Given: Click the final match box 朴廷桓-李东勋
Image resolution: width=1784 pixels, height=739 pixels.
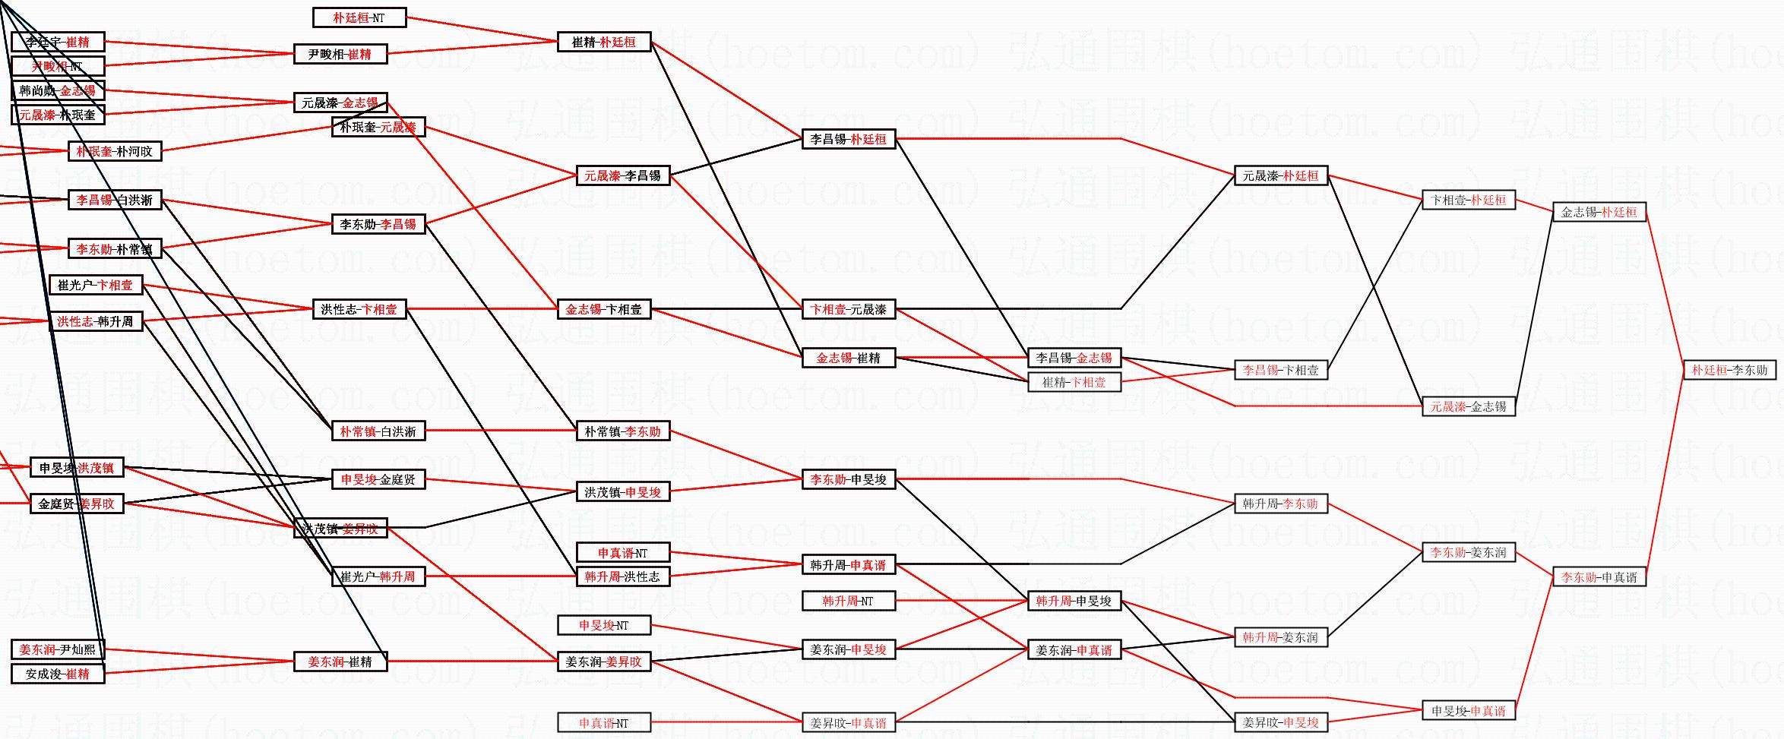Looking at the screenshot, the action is (1729, 370).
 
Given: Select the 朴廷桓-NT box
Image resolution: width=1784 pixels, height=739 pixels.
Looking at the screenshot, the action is (359, 17).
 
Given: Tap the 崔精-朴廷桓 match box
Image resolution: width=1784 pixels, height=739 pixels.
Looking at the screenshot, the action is (604, 42).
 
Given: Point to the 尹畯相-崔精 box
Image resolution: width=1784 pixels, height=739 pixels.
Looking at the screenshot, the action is (340, 54).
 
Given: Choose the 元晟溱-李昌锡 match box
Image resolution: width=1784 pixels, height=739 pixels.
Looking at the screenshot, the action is (622, 175).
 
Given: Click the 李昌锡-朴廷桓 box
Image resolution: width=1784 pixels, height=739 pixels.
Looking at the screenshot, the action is (849, 139).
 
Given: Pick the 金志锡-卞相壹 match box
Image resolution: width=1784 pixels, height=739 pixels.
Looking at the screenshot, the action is (604, 309).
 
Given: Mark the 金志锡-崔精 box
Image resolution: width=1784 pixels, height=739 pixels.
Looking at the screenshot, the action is (849, 358).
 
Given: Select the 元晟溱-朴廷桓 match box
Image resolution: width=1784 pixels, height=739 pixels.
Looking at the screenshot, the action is (1280, 175).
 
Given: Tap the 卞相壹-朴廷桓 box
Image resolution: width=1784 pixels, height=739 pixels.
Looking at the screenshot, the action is (1469, 200).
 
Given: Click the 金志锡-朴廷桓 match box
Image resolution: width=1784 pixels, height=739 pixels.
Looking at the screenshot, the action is (1599, 212).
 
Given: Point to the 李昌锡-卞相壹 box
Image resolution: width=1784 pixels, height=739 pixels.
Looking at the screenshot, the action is (1280, 370).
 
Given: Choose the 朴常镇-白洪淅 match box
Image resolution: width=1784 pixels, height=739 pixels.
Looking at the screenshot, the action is (378, 431).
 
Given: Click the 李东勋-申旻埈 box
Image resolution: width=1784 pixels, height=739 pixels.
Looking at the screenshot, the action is (849, 479).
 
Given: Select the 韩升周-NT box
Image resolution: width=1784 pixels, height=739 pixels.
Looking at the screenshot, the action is (849, 601).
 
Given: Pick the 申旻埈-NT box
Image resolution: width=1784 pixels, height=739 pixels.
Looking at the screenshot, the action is (604, 625).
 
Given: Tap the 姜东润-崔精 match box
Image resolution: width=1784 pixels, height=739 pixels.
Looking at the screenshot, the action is (340, 662).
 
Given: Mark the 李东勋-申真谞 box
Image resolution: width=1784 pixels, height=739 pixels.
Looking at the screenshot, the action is (1599, 577).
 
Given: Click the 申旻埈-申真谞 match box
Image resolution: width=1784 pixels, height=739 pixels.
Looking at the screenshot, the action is (1469, 711).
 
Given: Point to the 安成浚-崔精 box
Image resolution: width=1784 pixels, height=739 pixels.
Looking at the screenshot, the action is (58, 674).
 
